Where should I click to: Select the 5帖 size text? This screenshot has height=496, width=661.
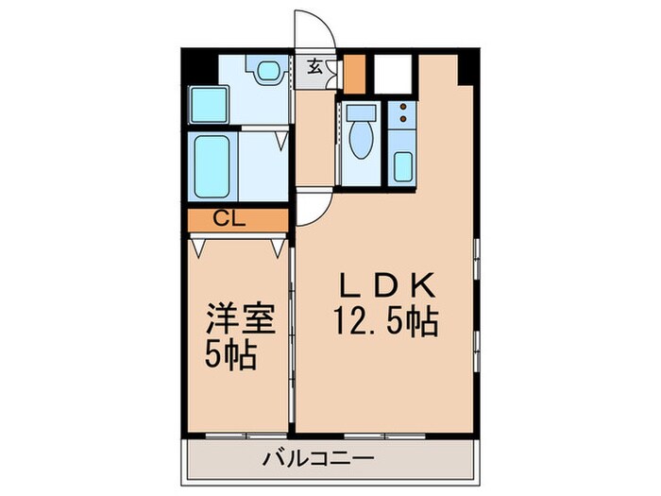tap(230, 358)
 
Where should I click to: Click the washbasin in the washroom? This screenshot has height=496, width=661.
tap(265, 69)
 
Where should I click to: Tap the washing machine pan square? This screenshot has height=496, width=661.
tap(203, 104)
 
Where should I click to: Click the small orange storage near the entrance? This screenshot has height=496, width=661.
tap(354, 74)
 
